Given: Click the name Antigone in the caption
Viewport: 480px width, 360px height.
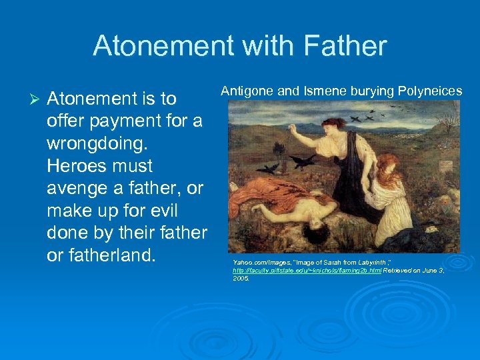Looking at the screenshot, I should (x=246, y=90).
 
